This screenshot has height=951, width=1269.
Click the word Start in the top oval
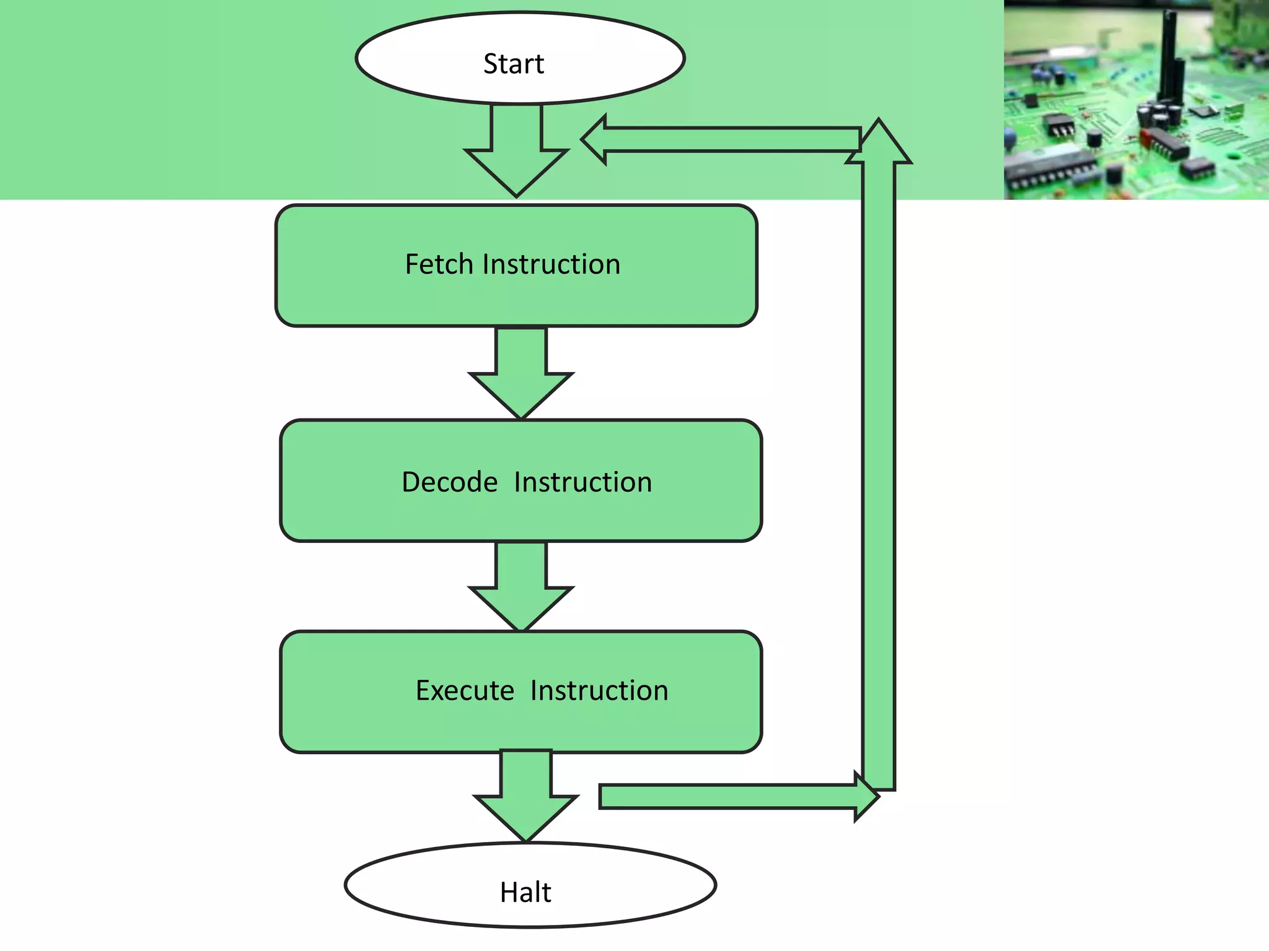pos(514,64)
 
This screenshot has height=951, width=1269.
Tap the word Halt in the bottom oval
pos(525,892)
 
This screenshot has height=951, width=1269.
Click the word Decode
pos(450,482)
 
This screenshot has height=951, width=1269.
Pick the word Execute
pos(465,690)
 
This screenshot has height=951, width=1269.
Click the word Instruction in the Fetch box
pos(551,264)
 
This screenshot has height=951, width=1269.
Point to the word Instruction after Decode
pos(583,482)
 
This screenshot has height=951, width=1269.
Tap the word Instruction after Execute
pos(599,690)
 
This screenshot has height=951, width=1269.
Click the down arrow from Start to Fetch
pos(517,155)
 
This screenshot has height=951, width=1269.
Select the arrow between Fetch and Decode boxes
pos(521,378)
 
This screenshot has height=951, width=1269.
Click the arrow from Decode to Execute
pos(521,591)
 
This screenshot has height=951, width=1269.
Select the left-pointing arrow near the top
pos(719,139)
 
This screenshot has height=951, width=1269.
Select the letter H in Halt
pos(507,892)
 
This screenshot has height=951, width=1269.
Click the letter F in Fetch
pos(411,264)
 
